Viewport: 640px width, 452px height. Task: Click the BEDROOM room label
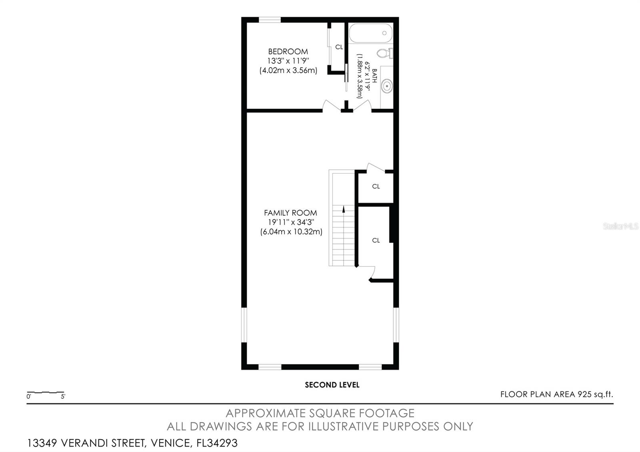[288, 52]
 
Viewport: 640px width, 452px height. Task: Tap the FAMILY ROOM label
[290, 213]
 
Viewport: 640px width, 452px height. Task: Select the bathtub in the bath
[371, 33]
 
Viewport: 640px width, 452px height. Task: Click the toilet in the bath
[385, 53]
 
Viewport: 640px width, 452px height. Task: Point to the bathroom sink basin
[387, 86]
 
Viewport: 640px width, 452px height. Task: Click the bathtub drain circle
[384, 33]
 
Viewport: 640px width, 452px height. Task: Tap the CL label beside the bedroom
[339, 47]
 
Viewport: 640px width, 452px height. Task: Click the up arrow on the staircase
[344, 209]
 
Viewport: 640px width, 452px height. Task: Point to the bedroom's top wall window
[270, 20]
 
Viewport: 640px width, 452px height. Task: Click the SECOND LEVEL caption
[332, 385]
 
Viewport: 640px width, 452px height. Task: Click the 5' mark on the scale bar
[63, 396]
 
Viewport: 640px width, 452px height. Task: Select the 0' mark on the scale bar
[28, 396]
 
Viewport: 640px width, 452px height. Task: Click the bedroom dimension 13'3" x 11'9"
[288, 61]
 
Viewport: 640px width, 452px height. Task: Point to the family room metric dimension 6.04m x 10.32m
[291, 232]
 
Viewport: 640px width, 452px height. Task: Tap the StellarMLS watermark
[620, 226]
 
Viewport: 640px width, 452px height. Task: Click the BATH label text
[374, 76]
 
